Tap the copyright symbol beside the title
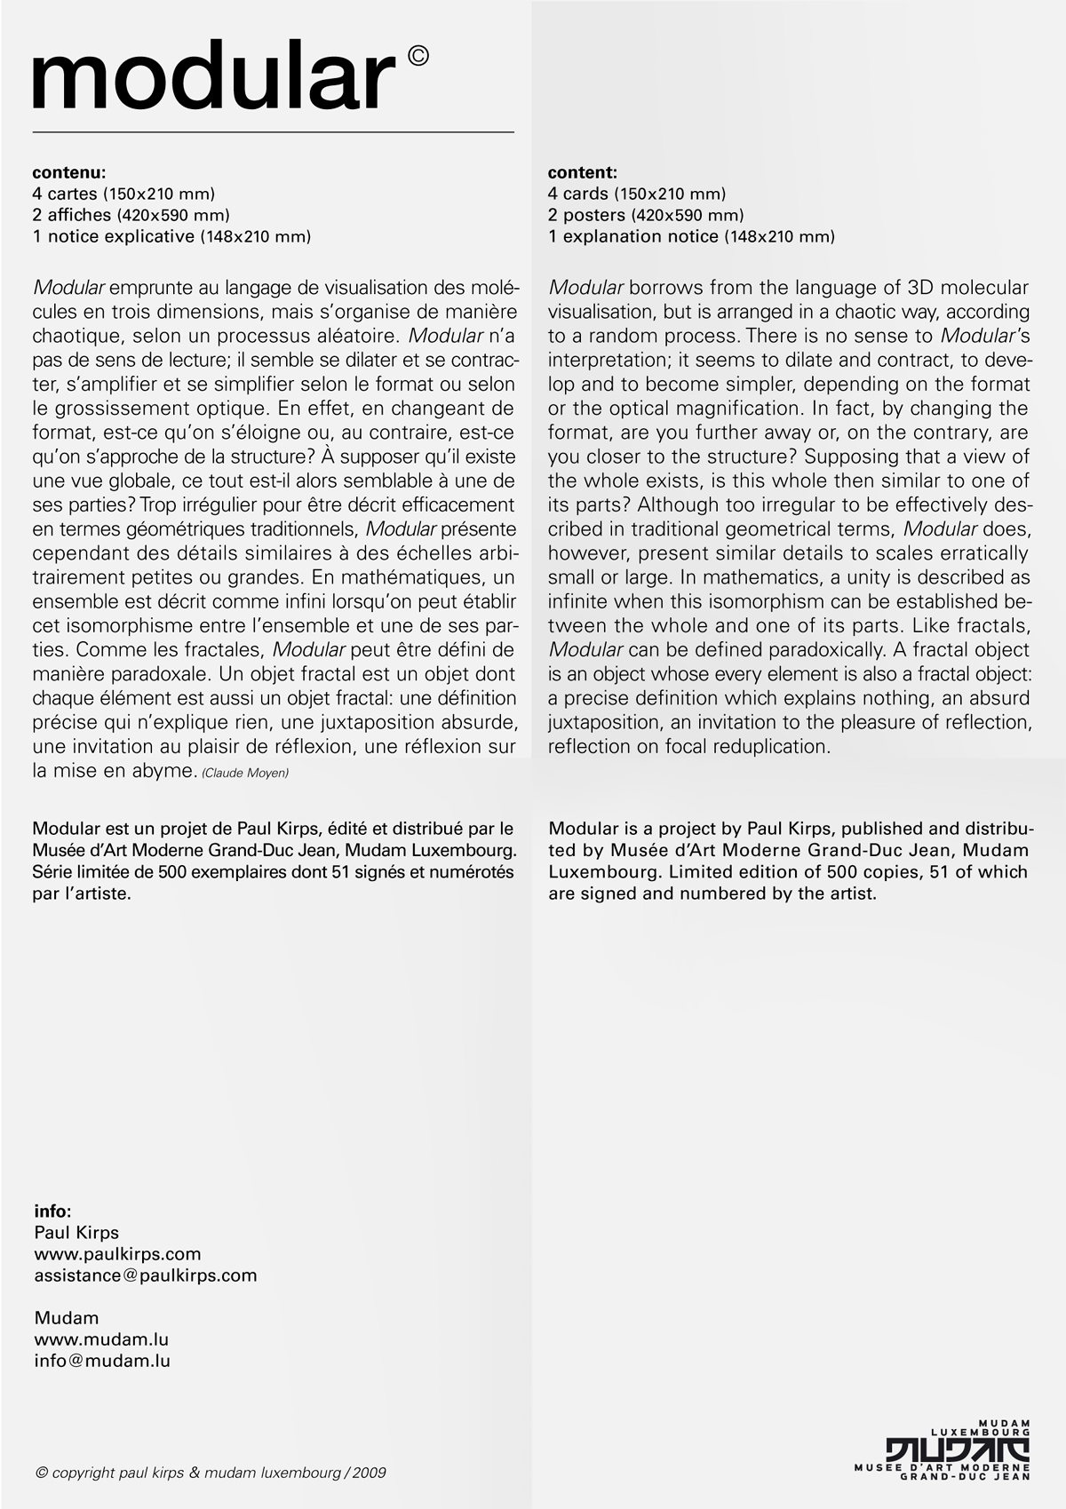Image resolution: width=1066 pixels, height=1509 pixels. pos(418,56)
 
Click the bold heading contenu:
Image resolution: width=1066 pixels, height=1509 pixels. pos(69,172)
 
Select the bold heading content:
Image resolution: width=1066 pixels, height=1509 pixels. pos(583,172)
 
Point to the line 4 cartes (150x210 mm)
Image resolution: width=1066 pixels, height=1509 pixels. pos(123,194)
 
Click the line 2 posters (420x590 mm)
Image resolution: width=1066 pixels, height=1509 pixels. pos(646,215)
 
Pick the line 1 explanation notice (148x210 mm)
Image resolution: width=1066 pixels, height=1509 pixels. pos(691,236)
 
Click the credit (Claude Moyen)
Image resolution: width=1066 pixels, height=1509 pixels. pos(245,773)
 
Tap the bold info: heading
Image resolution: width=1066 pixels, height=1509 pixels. pos(52,1211)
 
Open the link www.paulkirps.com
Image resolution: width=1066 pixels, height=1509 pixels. pos(117,1253)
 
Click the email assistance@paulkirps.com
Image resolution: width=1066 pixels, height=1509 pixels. pos(146,1275)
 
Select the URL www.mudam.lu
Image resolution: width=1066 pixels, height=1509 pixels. pos(101,1338)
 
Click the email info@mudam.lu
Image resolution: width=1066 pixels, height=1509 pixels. pos(102,1360)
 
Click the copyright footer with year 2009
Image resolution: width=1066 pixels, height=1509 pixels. pos(211,1473)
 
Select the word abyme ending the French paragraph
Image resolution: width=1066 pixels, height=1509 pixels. pos(163,771)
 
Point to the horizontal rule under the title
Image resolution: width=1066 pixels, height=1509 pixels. pos(274,132)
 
